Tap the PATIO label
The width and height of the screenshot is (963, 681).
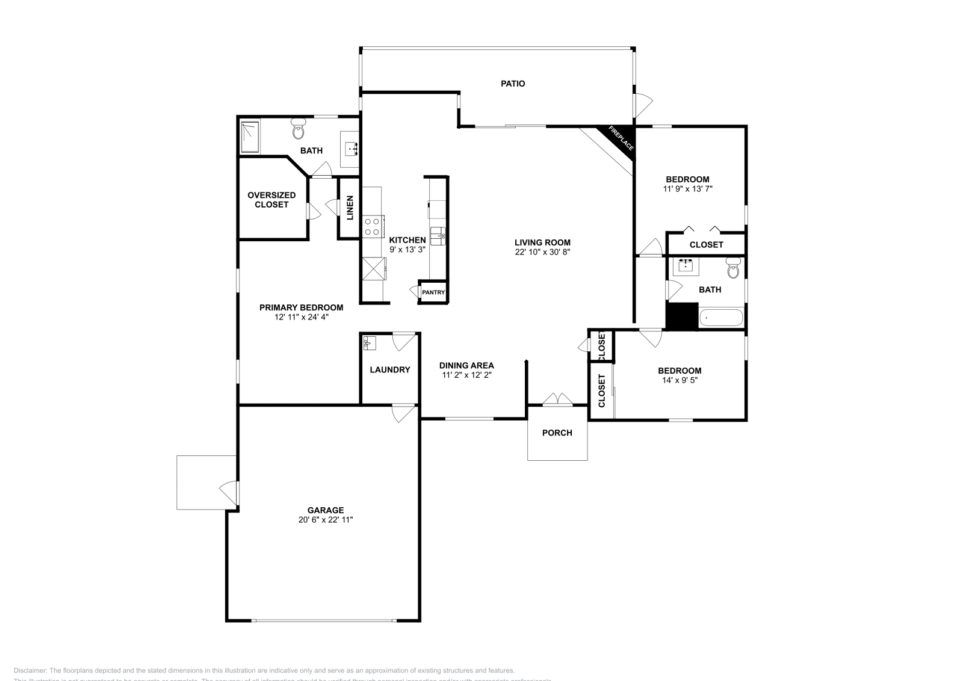(x=513, y=84)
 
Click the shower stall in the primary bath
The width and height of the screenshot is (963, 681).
(x=250, y=137)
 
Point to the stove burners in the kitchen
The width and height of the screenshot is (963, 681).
(x=372, y=226)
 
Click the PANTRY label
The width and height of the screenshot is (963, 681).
(x=433, y=292)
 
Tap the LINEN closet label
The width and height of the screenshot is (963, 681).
(x=350, y=207)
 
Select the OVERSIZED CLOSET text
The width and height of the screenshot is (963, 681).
(x=271, y=200)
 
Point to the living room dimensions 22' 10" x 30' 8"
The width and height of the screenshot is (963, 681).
(x=542, y=253)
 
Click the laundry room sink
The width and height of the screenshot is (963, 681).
(x=370, y=343)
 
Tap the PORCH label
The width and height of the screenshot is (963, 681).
(x=557, y=433)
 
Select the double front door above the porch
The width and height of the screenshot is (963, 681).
(x=557, y=400)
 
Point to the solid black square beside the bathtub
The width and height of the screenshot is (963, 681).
(x=681, y=316)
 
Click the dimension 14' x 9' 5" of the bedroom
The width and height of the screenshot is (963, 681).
(x=680, y=380)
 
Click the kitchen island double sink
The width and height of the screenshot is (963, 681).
(x=438, y=235)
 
